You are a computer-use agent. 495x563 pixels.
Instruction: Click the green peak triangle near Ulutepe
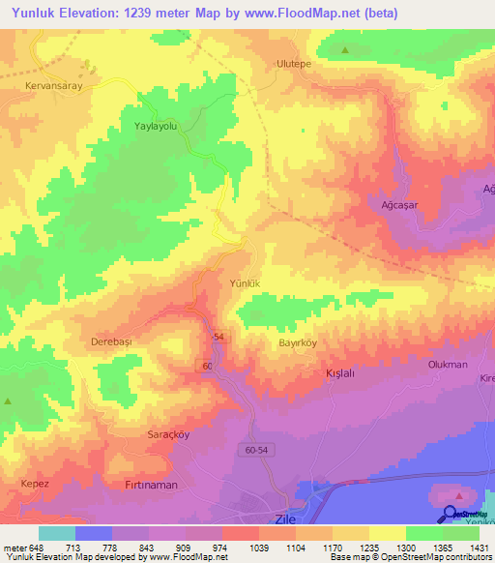click(345, 49)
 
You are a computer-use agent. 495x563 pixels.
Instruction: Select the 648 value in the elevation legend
click(37, 548)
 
